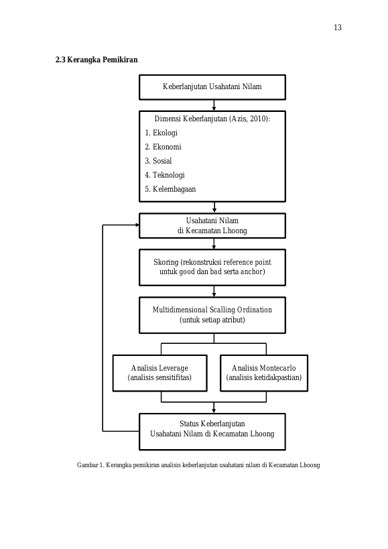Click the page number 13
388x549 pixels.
click(338, 27)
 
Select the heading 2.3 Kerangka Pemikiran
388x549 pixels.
click(96, 60)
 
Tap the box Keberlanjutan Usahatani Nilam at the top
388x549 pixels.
click(212, 87)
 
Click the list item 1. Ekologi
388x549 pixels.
click(161, 133)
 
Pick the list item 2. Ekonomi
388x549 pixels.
click(163, 147)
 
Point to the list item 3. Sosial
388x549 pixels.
click(159, 161)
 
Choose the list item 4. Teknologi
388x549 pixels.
click(165, 175)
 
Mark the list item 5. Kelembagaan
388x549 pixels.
click(170, 189)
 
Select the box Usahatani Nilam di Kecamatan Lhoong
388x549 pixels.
click(212, 226)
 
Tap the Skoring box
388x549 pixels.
click(212, 267)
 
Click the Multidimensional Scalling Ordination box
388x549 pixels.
click(212, 315)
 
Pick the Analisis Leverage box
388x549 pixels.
click(160, 373)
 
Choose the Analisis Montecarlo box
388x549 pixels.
click(264, 373)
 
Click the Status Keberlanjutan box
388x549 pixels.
click(212, 432)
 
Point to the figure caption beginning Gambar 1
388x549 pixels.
click(198, 465)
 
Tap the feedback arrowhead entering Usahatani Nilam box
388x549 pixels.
click(137, 225)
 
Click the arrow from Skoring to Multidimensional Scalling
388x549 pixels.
click(214, 292)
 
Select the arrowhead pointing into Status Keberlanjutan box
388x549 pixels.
click(214, 411)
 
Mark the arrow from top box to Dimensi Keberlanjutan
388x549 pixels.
click(214, 105)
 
